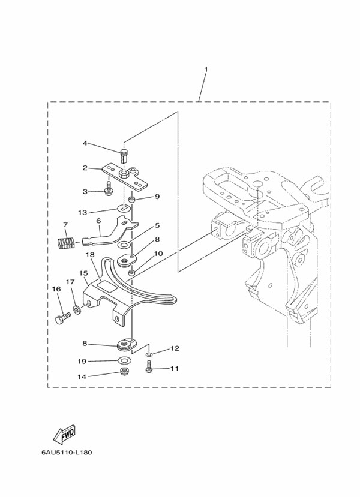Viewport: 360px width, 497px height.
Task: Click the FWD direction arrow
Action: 64,433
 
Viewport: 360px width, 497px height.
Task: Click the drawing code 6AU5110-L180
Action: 67,452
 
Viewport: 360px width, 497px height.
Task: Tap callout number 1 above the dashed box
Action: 206,69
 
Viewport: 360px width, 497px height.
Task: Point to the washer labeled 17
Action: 77,309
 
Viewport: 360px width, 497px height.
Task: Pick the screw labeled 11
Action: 148,368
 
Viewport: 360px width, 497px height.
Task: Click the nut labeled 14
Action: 125,372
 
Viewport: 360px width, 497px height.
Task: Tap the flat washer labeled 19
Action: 124,360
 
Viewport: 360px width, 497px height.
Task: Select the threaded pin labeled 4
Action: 124,156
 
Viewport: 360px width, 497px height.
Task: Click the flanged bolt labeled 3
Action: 108,188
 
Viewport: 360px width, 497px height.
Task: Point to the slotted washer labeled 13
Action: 124,209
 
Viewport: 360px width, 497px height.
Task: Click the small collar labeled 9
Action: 132,200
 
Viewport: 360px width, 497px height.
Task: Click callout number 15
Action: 83,273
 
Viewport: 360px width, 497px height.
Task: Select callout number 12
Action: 175,348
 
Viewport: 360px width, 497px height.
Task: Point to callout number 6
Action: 98,220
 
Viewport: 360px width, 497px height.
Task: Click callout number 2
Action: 85,168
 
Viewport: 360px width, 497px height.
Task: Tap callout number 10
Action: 158,254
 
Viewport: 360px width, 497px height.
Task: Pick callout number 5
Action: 157,225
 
